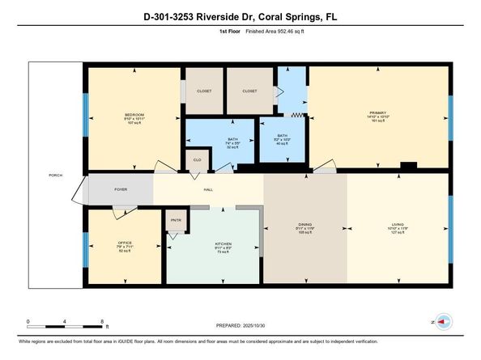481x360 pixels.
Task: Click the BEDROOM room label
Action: click(x=134, y=114)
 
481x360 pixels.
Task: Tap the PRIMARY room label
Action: click(x=378, y=112)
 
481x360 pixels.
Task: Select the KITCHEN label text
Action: click(x=223, y=243)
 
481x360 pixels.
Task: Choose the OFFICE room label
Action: click(x=124, y=242)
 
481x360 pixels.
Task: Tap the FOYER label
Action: click(x=121, y=189)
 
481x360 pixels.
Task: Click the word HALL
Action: click(x=208, y=189)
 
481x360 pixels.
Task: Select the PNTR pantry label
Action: click(x=176, y=219)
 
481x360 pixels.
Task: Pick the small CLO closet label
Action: click(x=196, y=160)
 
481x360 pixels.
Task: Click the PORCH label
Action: click(x=55, y=175)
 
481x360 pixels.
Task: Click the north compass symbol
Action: click(x=441, y=321)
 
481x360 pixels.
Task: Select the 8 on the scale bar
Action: click(x=103, y=321)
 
